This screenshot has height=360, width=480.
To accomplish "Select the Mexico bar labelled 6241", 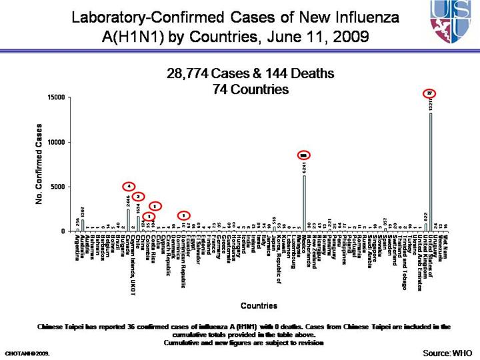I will click(x=304, y=203).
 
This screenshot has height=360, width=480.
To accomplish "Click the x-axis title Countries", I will click(x=259, y=306).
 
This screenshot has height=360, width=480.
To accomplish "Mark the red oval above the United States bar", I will click(x=431, y=93).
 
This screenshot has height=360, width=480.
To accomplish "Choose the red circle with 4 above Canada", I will click(x=129, y=186).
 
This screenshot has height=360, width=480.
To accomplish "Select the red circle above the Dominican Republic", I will click(x=183, y=215).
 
